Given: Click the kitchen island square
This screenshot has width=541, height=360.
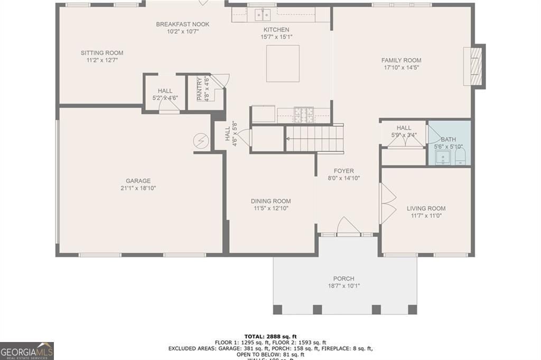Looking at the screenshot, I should click(x=283, y=63).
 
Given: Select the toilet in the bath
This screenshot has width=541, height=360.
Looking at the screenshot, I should click(x=460, y=156).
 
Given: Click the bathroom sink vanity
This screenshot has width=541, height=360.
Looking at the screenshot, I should click(x=442, y=157).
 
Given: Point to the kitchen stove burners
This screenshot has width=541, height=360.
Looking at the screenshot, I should click(x=303, y=112).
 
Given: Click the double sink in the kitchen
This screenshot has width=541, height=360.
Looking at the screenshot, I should click(x=260, y=14).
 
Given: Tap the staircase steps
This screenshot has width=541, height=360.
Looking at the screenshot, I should click(x=315, y=139).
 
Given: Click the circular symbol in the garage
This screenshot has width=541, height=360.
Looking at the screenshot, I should click(x=201, y=140).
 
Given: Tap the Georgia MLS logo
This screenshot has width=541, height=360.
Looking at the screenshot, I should click(x=27, y=351).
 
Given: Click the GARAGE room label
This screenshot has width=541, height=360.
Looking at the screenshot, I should click(x=138, y=181).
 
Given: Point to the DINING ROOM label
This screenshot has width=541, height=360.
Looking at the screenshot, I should click(x=270, y=201).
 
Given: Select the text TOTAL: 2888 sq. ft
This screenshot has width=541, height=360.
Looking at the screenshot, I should click(x=270, y=336).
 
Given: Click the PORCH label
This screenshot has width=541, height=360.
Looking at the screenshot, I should click(x=343, y=279).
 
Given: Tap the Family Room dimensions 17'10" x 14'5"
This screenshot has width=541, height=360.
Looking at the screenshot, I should click(x=401, y=68).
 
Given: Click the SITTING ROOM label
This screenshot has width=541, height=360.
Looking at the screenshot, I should click(x=102, y=53).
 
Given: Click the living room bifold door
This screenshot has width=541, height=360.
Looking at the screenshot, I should click(x=388, y=204).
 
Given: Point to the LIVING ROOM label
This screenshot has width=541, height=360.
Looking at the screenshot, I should click(x=426, y=208).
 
